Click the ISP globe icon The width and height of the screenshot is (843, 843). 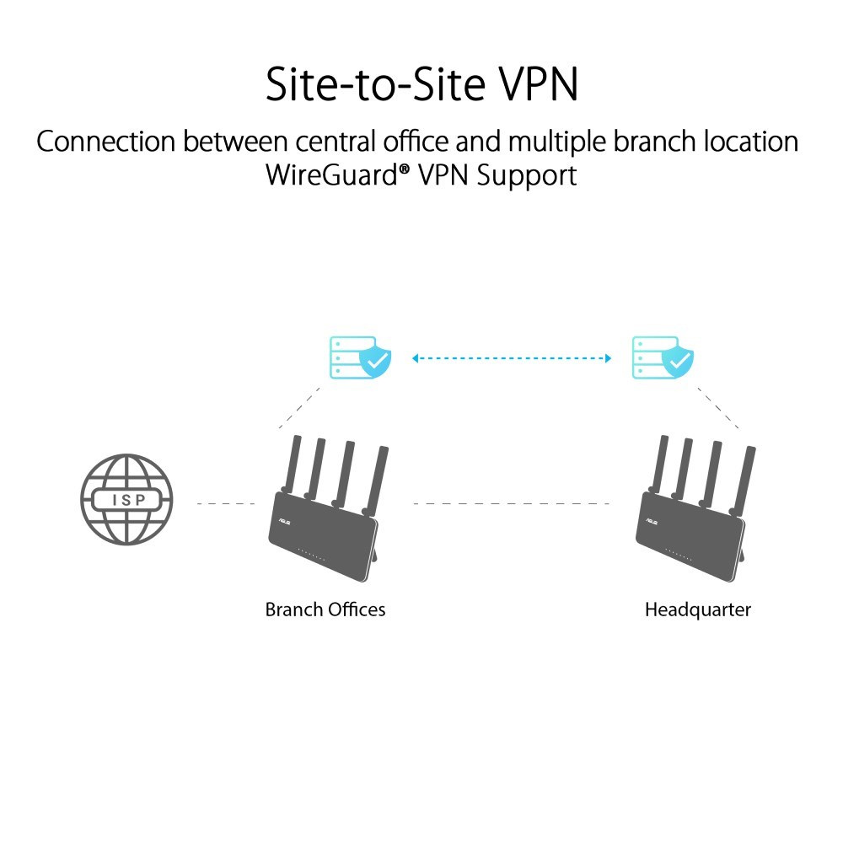pos(126,501)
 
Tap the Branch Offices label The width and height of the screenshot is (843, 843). pos(325,609)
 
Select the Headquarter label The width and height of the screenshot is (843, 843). pos(697,609)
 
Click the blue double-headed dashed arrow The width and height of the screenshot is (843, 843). pos(510,358)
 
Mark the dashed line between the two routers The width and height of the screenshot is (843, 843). pos(512,504)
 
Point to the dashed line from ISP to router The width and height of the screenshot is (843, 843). pos(225,504)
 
